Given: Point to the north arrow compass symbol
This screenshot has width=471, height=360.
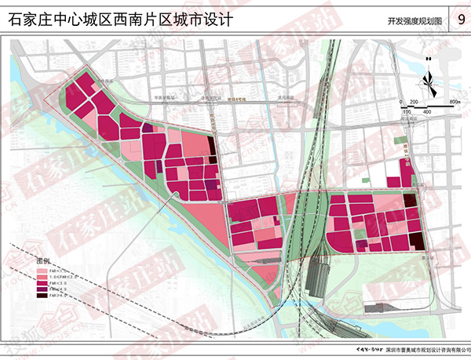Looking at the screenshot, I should click(x=428, y=78).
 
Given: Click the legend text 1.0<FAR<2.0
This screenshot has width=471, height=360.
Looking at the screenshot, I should click(x=63, y=277).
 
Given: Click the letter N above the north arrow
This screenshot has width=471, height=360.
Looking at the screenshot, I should click(x=428, y=59).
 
